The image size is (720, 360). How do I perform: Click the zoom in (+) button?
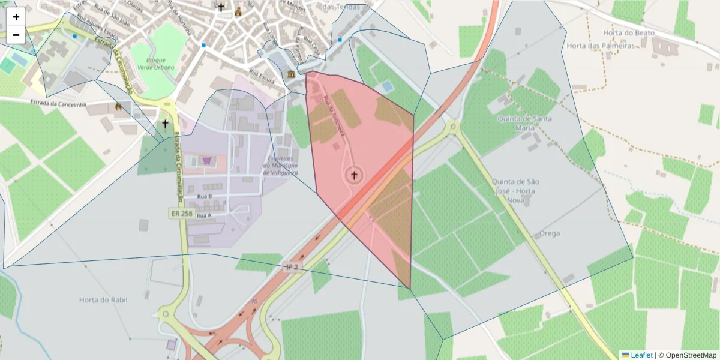point(16,16)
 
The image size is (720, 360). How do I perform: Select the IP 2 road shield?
point(292,266)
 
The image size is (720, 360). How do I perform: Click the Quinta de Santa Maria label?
point(524,122)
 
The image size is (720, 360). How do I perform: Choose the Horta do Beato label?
point(629,32)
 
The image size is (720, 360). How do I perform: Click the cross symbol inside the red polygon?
point(354,175)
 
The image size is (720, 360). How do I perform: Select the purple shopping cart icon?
point(207,161)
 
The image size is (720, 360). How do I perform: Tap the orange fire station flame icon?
point(119,107)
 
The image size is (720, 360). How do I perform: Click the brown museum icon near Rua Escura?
point(291,74)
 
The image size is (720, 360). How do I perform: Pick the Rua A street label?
point(204,215)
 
